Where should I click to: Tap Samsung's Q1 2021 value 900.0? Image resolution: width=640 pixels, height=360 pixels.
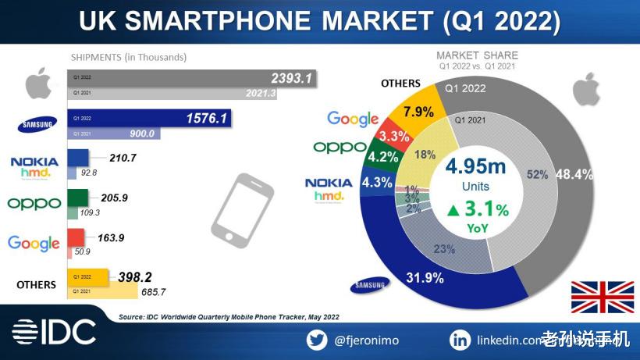141,134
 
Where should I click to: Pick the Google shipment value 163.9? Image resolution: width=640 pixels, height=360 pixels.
112,237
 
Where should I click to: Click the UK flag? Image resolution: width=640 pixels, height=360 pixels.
603,298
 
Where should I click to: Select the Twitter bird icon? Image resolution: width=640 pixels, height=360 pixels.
315,340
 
